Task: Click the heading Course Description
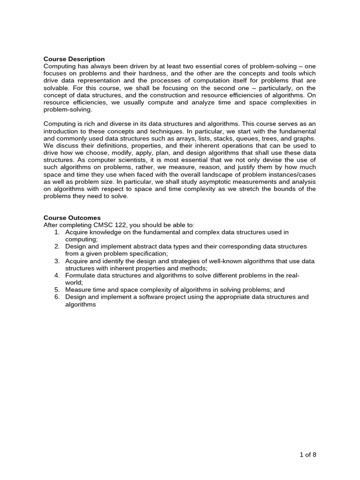coord(74,59)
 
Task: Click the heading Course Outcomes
coord(72,218)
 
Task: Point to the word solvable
coord(57,88)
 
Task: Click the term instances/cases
coord(292,174)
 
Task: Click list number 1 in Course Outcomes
coord(57,232)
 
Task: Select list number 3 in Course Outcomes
coord(57,261)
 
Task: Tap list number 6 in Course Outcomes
coord(57,297)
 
